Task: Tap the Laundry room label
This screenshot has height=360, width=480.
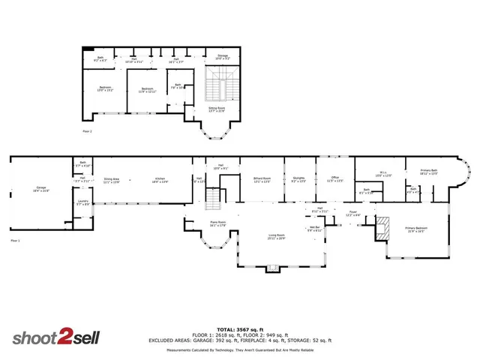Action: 82,202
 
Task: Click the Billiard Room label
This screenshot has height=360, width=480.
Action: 262,180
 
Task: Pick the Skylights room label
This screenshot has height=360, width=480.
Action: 298,180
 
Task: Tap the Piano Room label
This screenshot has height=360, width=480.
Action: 218,223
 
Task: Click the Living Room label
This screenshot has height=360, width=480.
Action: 277,237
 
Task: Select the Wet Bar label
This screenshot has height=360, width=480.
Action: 314,229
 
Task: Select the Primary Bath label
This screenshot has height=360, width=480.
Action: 429,172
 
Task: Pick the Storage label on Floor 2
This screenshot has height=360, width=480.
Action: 223,55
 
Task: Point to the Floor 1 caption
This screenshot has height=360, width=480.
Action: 15,241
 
